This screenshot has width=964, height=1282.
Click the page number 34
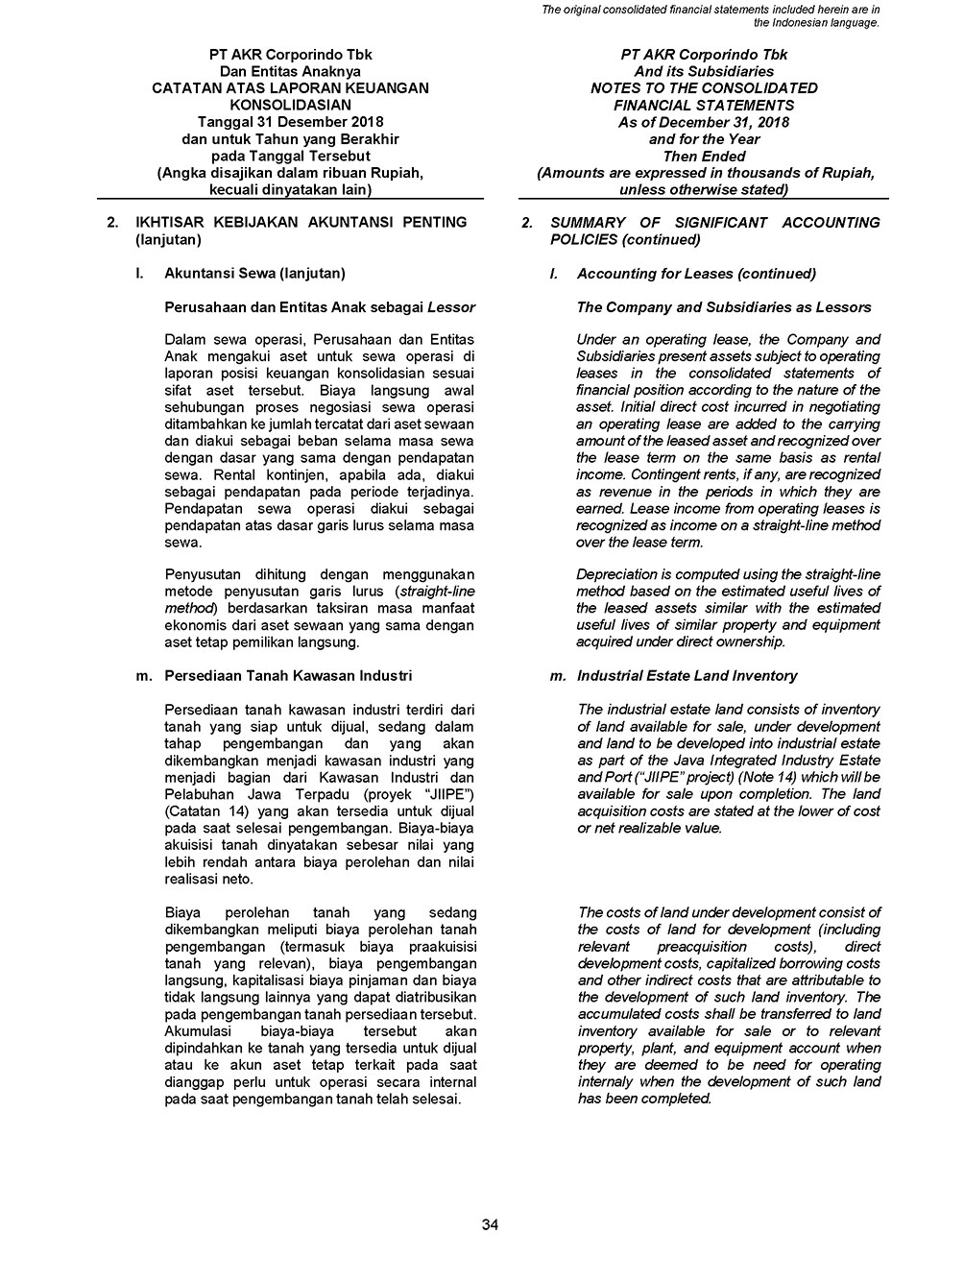tap(490, 1223)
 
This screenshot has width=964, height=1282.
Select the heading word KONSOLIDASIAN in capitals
tap(290, 105)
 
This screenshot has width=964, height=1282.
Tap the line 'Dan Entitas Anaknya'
tap(290, 71)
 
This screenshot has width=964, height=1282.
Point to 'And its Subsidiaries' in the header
tap(704, 71)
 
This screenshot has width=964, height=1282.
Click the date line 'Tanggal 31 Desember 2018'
tap(290, 122)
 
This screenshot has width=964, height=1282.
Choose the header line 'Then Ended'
tap(704, 156)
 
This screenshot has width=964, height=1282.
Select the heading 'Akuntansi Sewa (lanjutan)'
tap(254, 274)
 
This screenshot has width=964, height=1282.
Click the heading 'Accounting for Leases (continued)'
tap(696, 274)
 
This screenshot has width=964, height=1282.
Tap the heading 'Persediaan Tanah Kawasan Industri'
tap(288, 676)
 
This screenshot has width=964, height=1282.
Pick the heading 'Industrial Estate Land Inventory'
tap(687, 676)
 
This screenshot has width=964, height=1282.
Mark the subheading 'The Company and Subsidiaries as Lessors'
tap(724, 307)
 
